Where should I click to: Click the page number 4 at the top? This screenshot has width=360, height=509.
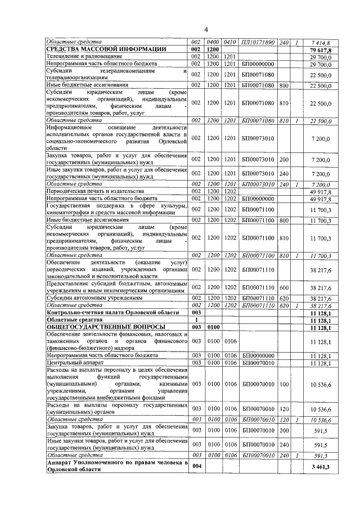coord(205,29)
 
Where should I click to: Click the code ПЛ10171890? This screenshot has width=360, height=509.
coord(258,43)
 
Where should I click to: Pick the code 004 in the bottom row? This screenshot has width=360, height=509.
coord(196,466)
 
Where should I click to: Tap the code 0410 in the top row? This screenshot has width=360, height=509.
coord(230,43)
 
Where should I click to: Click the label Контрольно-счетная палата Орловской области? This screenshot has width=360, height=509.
coord(112,312)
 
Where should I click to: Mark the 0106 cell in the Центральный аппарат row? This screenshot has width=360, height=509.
coord(230,363)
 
